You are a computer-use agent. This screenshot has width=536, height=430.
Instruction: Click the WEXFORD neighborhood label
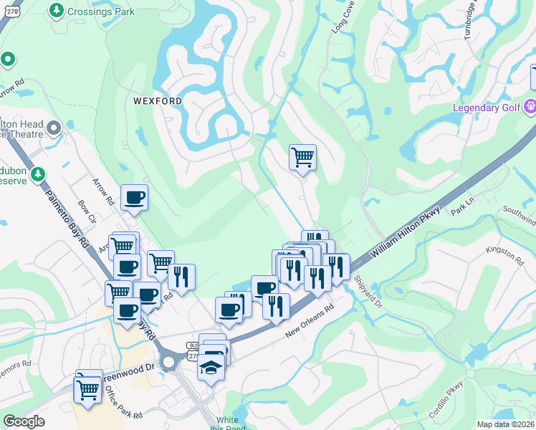158,101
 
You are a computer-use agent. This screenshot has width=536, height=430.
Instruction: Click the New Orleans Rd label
311,322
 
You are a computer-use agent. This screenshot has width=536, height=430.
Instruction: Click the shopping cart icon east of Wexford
302,156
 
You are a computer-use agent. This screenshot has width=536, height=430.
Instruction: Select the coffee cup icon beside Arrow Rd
133,197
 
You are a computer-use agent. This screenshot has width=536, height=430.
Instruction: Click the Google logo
24,421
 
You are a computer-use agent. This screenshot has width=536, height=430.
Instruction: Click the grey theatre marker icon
54,129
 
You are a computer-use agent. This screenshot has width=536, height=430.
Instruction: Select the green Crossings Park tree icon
57,11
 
